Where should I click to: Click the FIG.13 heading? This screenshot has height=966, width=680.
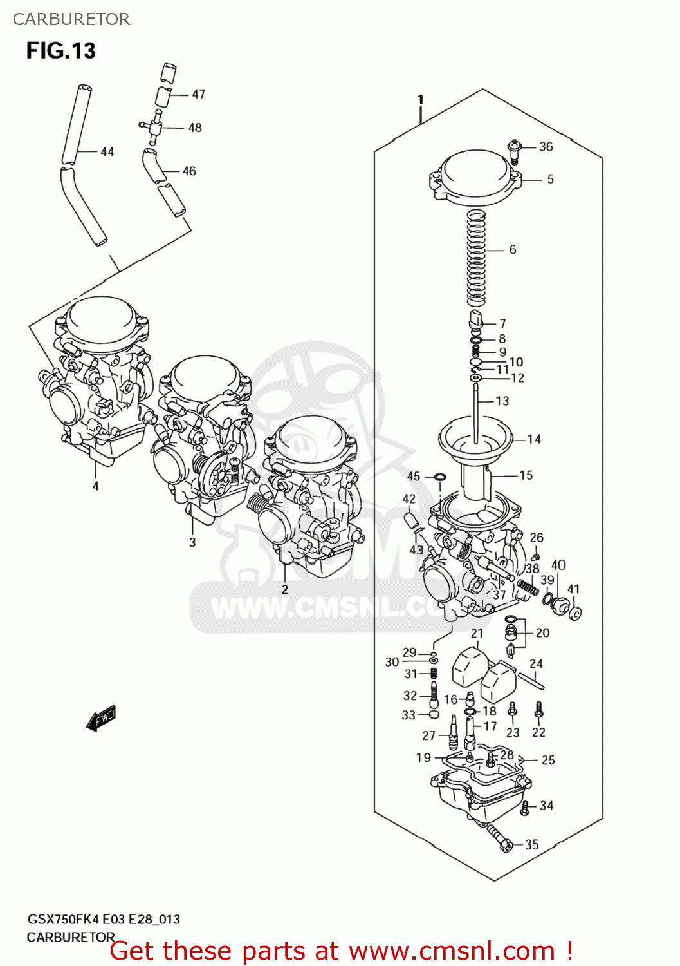pos(60,51)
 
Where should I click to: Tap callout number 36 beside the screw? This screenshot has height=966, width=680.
pos(546,147)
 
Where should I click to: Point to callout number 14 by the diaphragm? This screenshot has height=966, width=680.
pos(534,439)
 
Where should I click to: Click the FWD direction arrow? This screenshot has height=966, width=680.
pos(102,717)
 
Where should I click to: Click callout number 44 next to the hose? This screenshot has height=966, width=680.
pos(107,152)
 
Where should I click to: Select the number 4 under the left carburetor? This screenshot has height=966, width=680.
pos(95,486)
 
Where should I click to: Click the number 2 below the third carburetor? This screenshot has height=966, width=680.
pos(284,589)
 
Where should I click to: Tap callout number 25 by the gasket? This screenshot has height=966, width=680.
pos(547,760)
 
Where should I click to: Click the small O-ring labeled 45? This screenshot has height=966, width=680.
pos(440,477)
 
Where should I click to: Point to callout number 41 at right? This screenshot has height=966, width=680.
pos(573,589)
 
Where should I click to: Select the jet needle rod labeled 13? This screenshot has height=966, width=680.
pos(475,412)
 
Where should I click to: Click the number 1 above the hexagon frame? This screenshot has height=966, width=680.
pos(420,99)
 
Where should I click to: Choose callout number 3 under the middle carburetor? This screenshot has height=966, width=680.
pos(192,542)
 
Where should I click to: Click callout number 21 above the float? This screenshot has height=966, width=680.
pos(477,633)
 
